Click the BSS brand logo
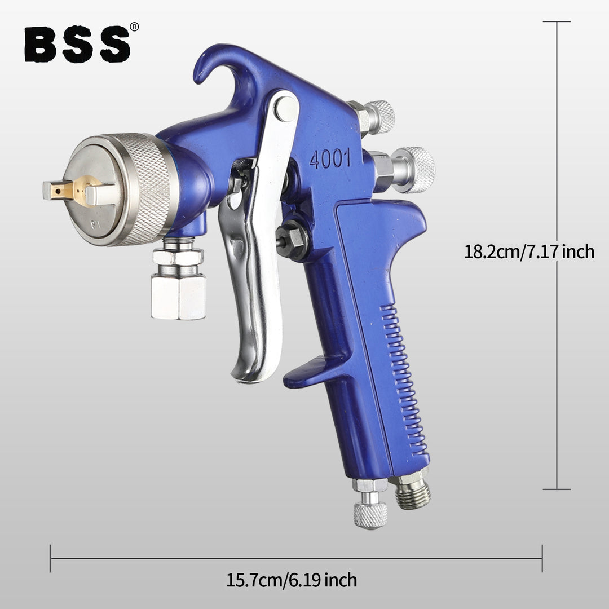(78, 44)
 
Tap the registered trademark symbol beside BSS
(134, 27)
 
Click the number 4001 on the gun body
(330, 160)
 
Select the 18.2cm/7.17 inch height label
(529, 251)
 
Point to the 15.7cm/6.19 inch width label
(292, 580)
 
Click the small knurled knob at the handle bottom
(370, 514)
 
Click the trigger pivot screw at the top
(286, 108)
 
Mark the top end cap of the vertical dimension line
(557, 21)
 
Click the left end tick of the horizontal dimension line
(50, 558)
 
